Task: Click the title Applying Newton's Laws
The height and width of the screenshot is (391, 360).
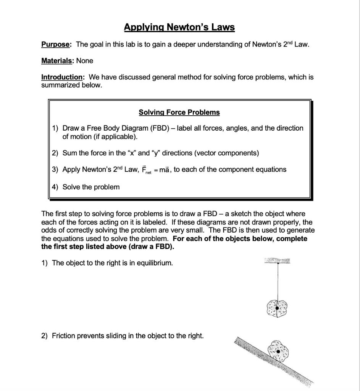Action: [x=179, y=27]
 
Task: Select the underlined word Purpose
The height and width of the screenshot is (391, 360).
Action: [x=56, y=44]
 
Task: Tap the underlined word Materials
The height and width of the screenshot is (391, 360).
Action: [x=57, y=61]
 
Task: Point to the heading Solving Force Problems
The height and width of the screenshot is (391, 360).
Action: [x=179, y=112]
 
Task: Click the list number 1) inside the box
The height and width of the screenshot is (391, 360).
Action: [x=55, y=128]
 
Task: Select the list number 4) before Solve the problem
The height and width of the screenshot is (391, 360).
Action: [x=55, y=187]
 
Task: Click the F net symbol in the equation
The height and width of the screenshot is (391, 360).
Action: [x=145, y=170]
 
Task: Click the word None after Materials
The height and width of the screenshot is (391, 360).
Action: [x=84, y=61]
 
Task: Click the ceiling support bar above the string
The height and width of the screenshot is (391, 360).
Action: [x=277, y=260]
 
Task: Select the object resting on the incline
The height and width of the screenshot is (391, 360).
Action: [x=278, y=351]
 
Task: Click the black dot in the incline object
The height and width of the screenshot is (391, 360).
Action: [x=278, y=351]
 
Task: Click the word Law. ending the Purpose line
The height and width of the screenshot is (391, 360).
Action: [x=302, y=44]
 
